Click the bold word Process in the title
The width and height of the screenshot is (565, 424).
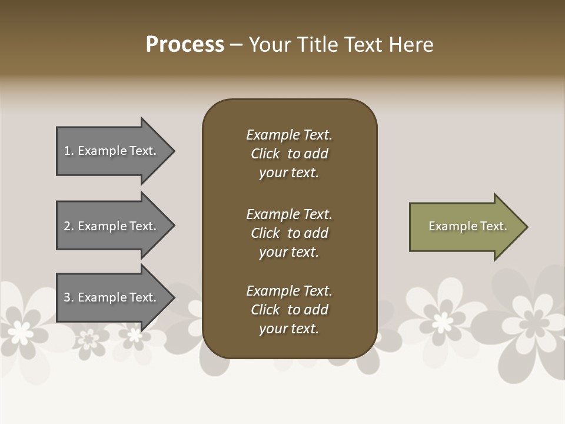point(185,45)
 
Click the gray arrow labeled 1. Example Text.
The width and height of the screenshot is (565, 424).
point(112,151)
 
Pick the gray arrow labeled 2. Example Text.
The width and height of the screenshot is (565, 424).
point(112,226)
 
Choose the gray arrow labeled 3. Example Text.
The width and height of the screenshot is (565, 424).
point(112,297)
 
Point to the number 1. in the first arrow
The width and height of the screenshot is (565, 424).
point(69,151)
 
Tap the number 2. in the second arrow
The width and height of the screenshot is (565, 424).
point(69,226)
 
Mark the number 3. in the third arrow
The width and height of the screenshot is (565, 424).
point(69,297)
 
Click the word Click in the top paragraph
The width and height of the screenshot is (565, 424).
point(265,154)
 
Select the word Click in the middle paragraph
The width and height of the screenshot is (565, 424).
point(265,233)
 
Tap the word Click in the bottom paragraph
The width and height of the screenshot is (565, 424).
point(265,310)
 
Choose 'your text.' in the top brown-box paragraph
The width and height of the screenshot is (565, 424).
point(289,173)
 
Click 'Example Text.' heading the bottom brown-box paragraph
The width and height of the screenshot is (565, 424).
point(289,291)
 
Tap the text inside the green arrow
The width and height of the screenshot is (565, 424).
point(467,226)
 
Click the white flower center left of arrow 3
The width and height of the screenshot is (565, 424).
point(21,333)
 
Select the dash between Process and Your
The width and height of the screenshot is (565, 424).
point(237,45)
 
